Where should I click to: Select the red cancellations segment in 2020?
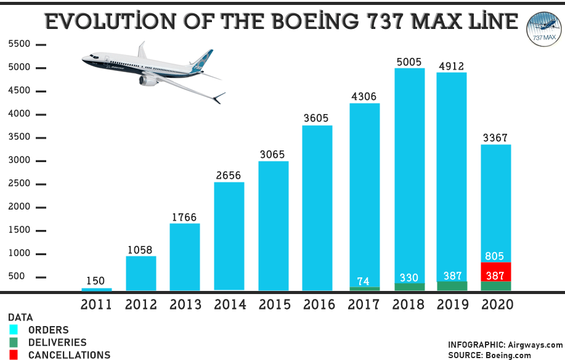click(496, 272)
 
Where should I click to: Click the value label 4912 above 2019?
click(452, 66)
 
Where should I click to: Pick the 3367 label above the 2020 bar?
click(496, 137)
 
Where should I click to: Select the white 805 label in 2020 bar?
click(496, 256)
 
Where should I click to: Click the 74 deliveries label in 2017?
click(364, 282)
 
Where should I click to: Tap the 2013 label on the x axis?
click(185, 304)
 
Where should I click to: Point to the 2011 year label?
click(97, 304)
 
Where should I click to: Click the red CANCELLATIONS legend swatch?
click(14, 354)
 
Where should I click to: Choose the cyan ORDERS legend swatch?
click(14, 330)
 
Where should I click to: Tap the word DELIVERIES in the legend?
click(57, 342)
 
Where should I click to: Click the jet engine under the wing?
click(148, 80)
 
